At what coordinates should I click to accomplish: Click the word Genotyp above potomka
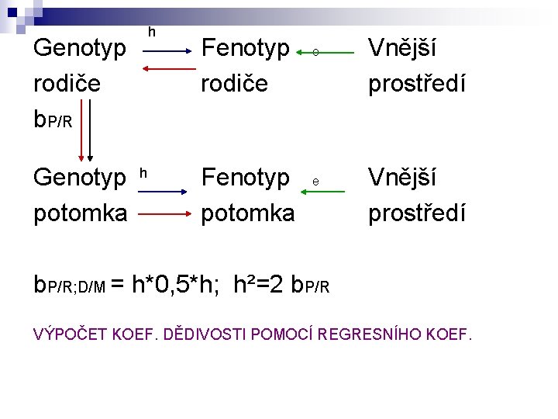click(x=80, y=178)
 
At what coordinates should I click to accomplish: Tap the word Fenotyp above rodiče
click(x=245, y=49)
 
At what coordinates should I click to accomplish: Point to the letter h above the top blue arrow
click(x=151, y=33)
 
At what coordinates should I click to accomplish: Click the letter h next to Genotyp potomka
click(x=143, y=170)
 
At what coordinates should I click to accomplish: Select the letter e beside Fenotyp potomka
click(x=315, y=182)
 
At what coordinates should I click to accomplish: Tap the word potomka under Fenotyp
click(x=248, y=211)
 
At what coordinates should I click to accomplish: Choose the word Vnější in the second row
click(x=401, y=178)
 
